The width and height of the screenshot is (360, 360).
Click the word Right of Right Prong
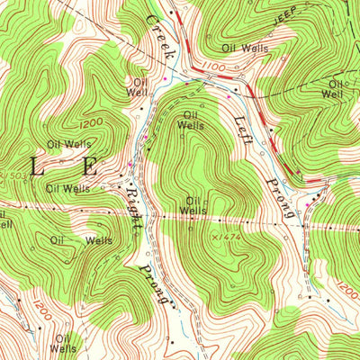[x=133, y=202]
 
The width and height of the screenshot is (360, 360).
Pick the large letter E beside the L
[x=90, y=166]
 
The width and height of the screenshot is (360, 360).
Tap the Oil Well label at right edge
[x=335, y=88]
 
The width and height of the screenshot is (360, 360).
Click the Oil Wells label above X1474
[x=192, y=205]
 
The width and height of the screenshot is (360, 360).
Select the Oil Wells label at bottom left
[x=62, y=343]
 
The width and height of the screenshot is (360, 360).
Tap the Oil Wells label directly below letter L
[x=68, y=189]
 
